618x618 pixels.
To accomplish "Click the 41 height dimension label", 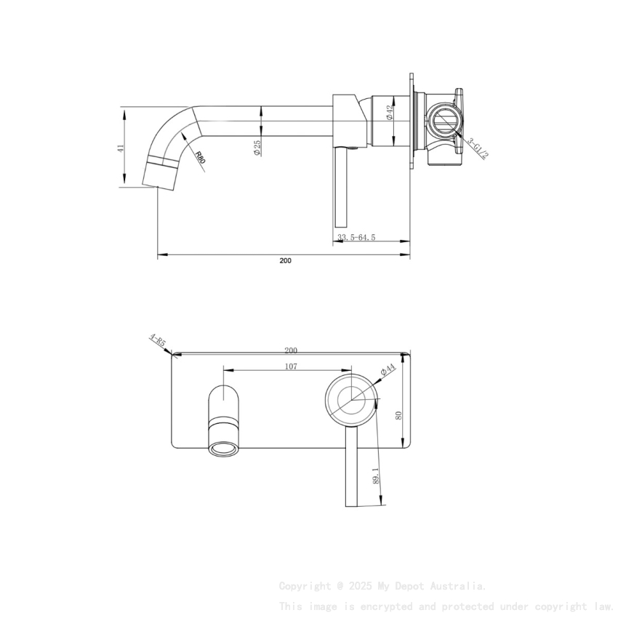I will (x=121, y=148).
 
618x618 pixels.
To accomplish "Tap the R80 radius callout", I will (x=199, y=158).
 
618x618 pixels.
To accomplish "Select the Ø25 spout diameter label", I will (x=257, y=148).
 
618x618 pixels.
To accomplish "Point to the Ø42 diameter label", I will (x=390, y=112).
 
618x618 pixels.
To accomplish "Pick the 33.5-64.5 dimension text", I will (x=356, y=237).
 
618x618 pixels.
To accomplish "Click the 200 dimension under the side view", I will (x=285, y=260).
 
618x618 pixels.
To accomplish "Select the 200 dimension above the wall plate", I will (x=291, y=350).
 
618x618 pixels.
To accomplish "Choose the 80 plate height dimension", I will (x=398, y=415).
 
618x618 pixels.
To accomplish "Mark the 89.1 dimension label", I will (x=375, y=475).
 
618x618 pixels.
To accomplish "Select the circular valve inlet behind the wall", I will (x=441, y=119).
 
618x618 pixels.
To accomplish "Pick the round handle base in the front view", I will (x=351, y=399).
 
